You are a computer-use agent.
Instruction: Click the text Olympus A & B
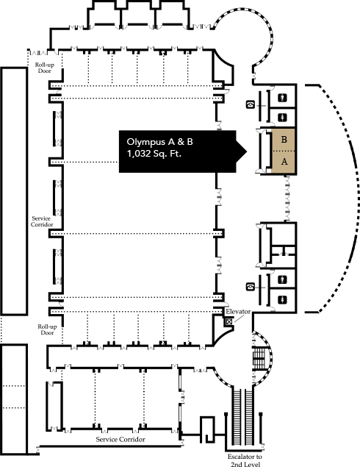(159, 143)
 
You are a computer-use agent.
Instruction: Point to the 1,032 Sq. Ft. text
(154, 154)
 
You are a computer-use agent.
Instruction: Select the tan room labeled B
(284, 140)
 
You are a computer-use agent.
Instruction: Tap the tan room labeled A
(284, 163)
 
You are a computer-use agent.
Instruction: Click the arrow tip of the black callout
(247, 151)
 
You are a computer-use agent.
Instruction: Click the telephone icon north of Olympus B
(251, 104)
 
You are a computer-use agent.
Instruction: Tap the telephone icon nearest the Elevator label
(251, 287)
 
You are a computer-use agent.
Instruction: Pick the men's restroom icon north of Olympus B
(282, 97)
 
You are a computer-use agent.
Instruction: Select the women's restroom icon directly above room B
(282, 118)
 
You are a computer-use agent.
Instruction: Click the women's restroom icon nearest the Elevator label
(282, 300)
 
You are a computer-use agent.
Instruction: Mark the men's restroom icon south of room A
(282, 279)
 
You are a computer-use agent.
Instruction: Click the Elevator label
(238, 312)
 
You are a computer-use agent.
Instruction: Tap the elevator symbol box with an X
(228, 321)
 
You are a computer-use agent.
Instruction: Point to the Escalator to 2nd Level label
(245, 460)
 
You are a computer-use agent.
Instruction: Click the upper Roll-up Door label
(45, 68)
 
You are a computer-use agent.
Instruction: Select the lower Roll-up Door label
(47, 329)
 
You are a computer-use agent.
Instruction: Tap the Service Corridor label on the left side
(42, 221)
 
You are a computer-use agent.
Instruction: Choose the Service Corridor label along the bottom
(120, 439)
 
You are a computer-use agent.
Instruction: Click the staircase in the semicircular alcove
(259, 357)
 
